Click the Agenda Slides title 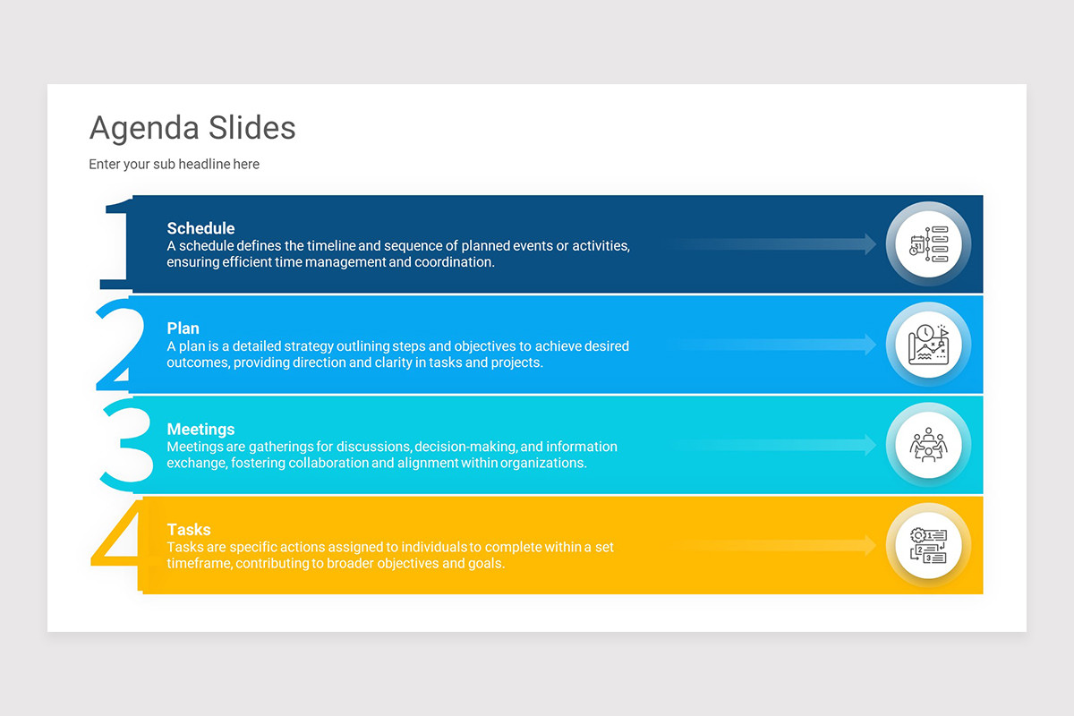192,128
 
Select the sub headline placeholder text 174,165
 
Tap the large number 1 117,245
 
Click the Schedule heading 200,228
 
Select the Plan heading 183,328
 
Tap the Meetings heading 200,430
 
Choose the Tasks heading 189,530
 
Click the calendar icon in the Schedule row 928,244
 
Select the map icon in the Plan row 928,345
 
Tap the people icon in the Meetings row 928,445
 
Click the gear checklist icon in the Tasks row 928,545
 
